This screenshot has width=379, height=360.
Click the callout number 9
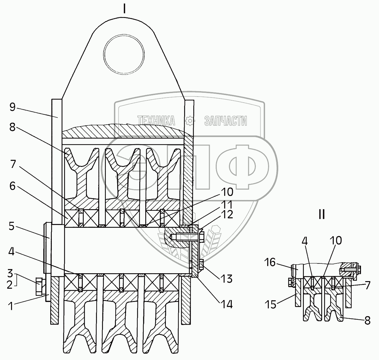click(12, 108)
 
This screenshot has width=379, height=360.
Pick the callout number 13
click(227, 279)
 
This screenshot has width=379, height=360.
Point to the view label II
click(322, 215)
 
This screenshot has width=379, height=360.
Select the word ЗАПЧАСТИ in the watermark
click(226, 121)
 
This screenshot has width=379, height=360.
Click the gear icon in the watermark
click(190, 121)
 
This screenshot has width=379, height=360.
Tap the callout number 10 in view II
click(336, 241)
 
